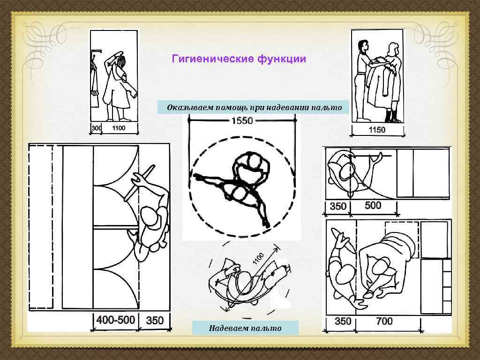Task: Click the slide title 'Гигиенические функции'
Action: (x=239, y=59)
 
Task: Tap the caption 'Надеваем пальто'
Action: (x=245, y=328)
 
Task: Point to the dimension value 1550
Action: (x=241, y=120)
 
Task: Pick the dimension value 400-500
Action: (x=115, y=321)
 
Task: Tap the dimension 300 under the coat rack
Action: (x=96, y=128)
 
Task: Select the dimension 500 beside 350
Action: (x=373, y=205)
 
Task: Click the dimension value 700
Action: (x=384, y=322)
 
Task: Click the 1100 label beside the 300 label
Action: (x=118, y=128)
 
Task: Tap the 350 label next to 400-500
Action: (x=155, y=321)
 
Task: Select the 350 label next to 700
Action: (x=343, y=322)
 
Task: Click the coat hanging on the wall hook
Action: (x=95, y=84)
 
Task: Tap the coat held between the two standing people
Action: (x=379, y=84)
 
